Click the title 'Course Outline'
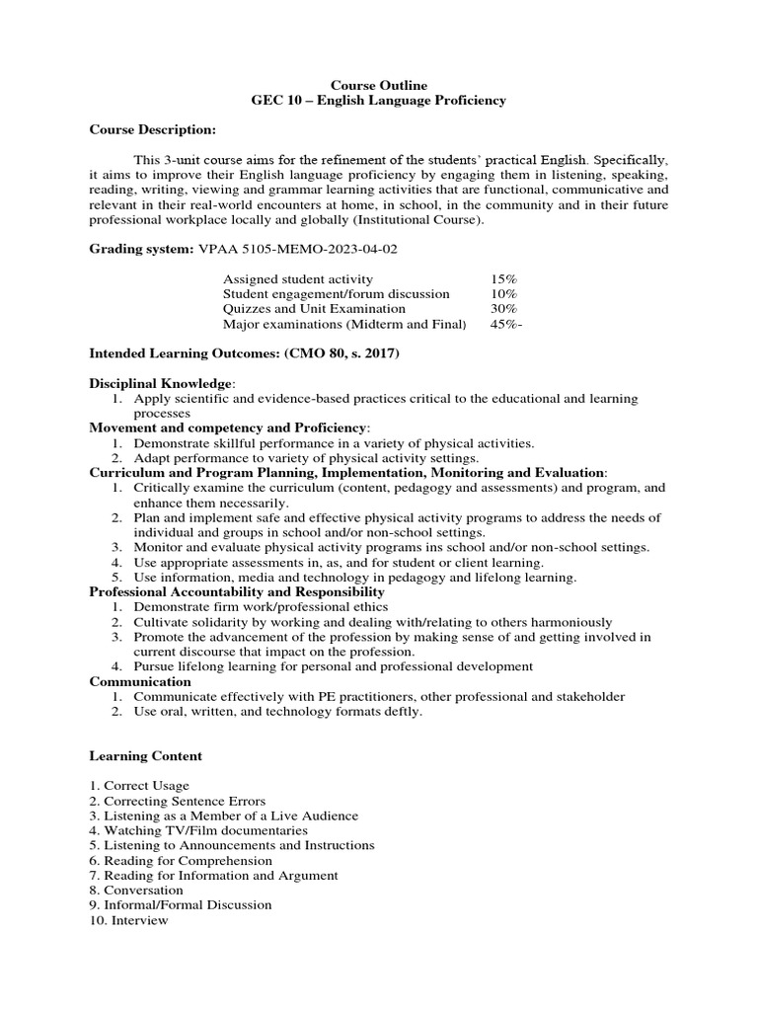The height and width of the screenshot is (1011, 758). [x=379, y=86]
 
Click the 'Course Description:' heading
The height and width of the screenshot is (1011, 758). [x=152, y=129]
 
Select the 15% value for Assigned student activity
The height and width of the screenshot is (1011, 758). [x=503, y=279]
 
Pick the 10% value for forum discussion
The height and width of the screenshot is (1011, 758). [x=503, y=294]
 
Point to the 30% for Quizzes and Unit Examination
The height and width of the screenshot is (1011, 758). [x=503, y=309]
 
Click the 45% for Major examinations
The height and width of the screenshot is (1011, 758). [x=505, y=324]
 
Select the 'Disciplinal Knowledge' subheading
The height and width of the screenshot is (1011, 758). [x=162, y=382]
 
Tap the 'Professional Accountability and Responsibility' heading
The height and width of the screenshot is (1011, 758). [x=237, y=591]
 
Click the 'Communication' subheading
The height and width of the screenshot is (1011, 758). [x=140, y=681]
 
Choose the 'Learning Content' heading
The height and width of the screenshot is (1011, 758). [x=146, y=756]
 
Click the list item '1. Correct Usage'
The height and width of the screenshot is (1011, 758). [x=139, y=786]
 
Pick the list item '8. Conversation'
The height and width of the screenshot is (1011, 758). [x=137, y=890]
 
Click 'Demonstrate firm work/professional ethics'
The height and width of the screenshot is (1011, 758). [x=261, y=606]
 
